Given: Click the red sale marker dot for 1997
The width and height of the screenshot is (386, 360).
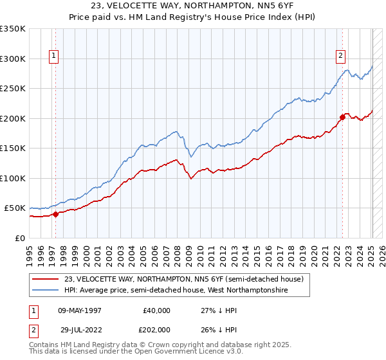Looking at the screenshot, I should coord(55,214).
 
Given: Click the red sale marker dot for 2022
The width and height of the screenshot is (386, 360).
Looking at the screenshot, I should coord(342,117).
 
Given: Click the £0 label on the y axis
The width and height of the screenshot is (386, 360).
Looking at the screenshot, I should coord(21,238).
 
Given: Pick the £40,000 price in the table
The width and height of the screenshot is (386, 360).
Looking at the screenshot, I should coord(156,310).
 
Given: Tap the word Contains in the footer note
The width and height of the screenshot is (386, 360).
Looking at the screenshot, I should coord(46,345).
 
